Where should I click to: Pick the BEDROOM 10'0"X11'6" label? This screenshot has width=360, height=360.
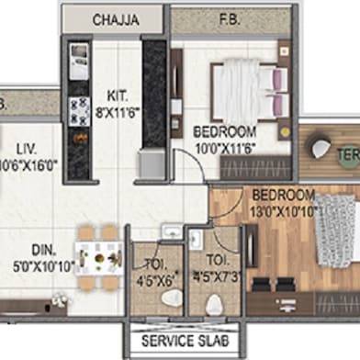[x=227, y=139]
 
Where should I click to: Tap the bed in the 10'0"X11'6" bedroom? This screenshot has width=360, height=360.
[x=242, y=88]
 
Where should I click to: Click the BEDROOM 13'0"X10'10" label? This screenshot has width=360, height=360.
[x=284, y=201]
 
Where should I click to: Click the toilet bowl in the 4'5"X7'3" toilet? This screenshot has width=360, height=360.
[x=217, y=304]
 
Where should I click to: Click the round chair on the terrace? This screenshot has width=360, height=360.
[x=322, y=148]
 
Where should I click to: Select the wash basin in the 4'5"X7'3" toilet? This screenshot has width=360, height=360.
[x=197, y=241]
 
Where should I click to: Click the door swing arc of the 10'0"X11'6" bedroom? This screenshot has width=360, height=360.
[x=188, y=165]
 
